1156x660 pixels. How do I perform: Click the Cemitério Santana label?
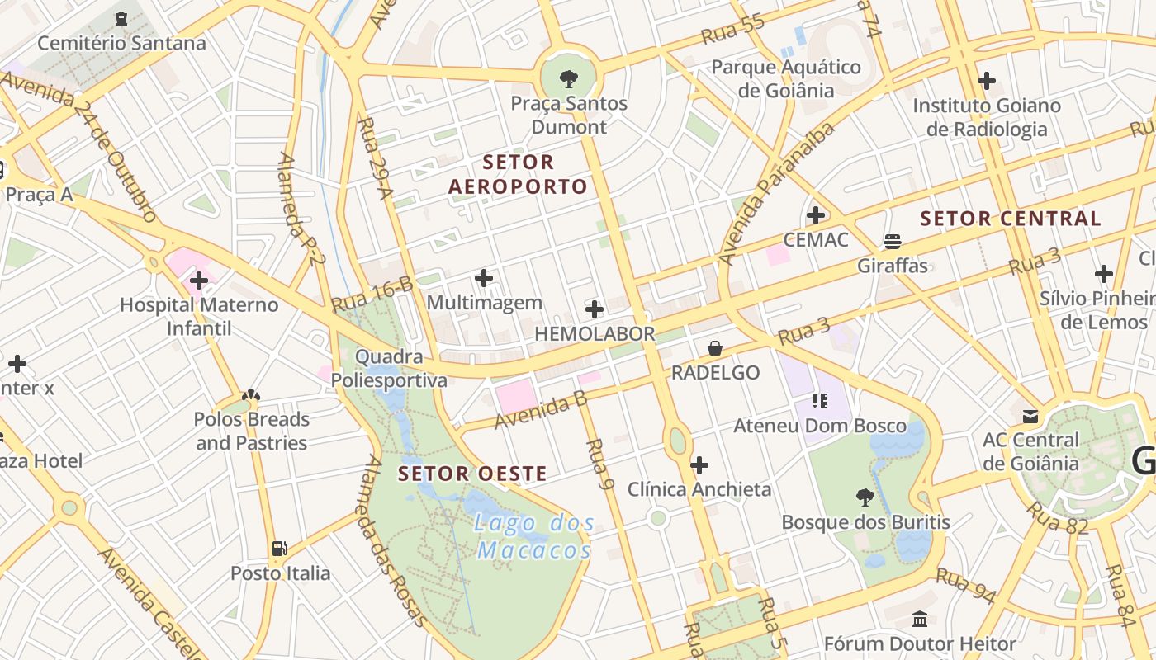click(121, 43)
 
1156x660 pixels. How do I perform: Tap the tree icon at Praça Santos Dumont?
click(568, 79)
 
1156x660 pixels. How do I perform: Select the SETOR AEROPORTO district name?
click(518, 174)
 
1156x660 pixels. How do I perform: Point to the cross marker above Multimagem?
click(485, 279)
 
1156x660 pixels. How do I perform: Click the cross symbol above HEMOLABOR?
click(595, 310)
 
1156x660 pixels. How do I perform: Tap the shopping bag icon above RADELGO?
click(715, 349)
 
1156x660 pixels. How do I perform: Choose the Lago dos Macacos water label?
click(535, 536)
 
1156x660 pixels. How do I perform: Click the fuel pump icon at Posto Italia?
click(280, 549)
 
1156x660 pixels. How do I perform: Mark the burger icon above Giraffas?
click(892, 242)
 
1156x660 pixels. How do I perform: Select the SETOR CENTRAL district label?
click(1011, 219)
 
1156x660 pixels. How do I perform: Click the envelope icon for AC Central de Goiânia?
click(1030, 416)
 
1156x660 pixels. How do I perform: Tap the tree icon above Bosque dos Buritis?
click(865, 497)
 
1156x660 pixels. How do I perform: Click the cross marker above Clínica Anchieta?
click(699, 465)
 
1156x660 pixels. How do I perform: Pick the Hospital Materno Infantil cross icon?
click(199, 281)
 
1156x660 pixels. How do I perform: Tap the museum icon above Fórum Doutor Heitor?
click(920, 619)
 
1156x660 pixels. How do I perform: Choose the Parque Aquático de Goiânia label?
click(786, 78)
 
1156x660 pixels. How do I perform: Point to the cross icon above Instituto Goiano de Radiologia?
click(987, 81)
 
